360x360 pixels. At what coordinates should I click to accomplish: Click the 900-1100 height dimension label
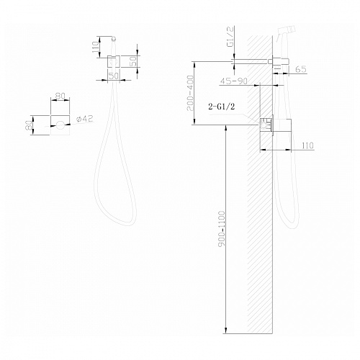(222, 228)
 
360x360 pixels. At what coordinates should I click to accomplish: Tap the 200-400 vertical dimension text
(190, 93)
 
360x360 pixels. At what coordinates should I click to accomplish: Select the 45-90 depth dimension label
(234, 81)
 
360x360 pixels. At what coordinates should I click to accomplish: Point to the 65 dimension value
(301, 69)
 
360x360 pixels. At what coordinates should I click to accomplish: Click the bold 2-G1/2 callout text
(222, 107)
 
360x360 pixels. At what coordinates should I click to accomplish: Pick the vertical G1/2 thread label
(230, 37)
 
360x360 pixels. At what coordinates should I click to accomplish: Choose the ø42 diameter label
(84, 119)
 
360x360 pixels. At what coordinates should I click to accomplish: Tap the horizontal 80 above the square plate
(60, 96)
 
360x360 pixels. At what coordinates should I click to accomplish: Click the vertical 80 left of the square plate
(29, 125)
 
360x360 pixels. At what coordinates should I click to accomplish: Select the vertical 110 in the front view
(95, 47)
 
